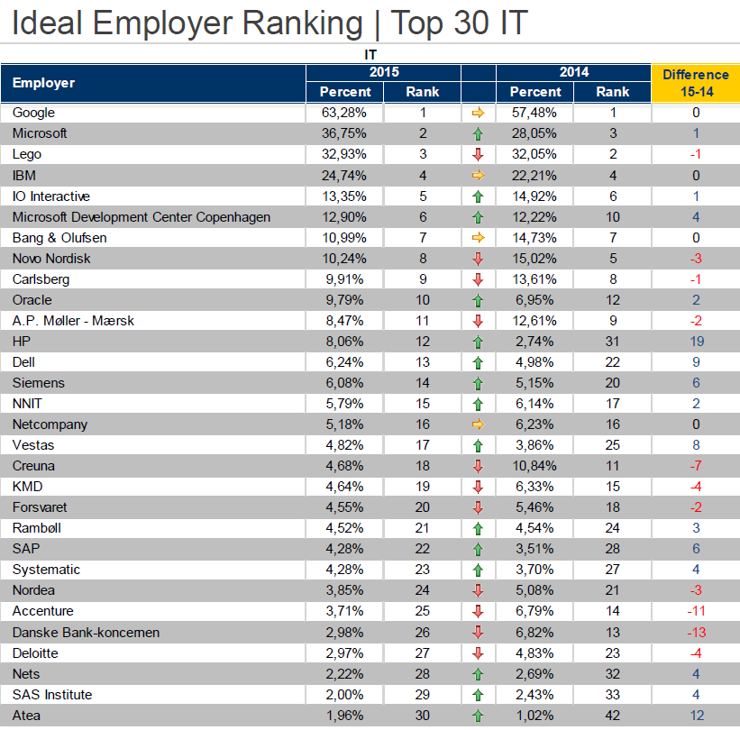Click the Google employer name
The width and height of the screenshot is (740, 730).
33,113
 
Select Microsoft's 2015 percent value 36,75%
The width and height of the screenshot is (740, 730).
343,133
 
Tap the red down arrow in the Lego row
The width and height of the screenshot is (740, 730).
478,154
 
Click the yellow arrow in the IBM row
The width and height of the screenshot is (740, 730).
478,175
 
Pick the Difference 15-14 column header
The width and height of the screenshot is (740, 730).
695,82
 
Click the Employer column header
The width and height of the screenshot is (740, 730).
43,83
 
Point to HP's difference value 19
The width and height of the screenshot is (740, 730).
696,342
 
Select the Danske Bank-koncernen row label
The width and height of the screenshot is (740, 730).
86,633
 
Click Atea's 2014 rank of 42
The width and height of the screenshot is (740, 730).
613,716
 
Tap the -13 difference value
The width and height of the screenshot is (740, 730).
696,633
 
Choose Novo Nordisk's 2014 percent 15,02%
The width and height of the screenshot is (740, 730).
534,259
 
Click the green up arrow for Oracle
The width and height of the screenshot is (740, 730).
478,300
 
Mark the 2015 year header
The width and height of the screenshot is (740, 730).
384,72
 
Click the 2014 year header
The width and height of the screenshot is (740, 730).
573,72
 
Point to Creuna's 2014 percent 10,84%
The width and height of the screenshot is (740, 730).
534,466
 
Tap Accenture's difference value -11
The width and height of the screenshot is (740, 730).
696,612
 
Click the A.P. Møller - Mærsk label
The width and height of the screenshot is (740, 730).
74,321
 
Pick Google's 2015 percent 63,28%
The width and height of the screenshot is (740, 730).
343,113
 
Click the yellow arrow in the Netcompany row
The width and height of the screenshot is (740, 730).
478,424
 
